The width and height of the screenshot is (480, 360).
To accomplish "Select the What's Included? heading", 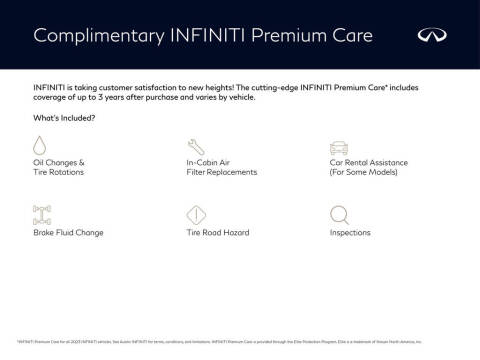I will (64, 118).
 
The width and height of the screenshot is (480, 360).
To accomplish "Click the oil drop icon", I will (40, 146).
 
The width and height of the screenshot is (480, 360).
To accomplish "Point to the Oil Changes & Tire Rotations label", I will (59, 167).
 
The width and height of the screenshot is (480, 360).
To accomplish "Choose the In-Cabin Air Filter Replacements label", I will (221, 167).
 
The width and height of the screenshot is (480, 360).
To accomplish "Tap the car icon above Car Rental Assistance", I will (338, 146).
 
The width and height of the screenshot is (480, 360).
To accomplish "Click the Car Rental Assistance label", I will (370, 162).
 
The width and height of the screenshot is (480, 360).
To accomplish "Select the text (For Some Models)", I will (363, 172).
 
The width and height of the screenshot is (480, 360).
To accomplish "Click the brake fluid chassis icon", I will (41, 214).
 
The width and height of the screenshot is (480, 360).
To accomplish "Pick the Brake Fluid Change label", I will (68, 233).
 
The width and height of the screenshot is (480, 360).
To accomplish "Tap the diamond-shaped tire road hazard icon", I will (196, 214).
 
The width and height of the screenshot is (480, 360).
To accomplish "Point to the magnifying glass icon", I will (339, 214).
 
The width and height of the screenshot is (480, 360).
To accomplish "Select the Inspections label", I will (350, 233).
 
